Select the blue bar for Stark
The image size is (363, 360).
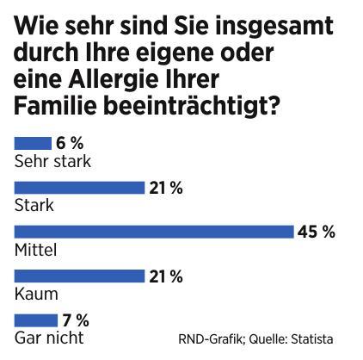[x=79, y=188]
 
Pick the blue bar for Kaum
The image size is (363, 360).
[x=79, y=276]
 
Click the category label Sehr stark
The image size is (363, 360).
[x=53, y=160]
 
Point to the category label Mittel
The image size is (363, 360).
[x=36, y=249]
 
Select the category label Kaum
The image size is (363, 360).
[x=35, y=294]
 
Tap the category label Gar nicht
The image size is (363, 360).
[x=49, y=338]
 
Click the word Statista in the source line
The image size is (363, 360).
[x=311, y=338]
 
